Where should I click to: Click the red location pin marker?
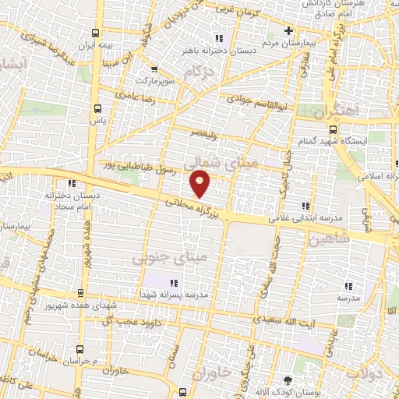[201, 185]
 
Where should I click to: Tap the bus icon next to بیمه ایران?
[96, 34]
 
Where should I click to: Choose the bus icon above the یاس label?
[97, 109]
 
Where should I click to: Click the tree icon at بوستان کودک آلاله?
[289, 380]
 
